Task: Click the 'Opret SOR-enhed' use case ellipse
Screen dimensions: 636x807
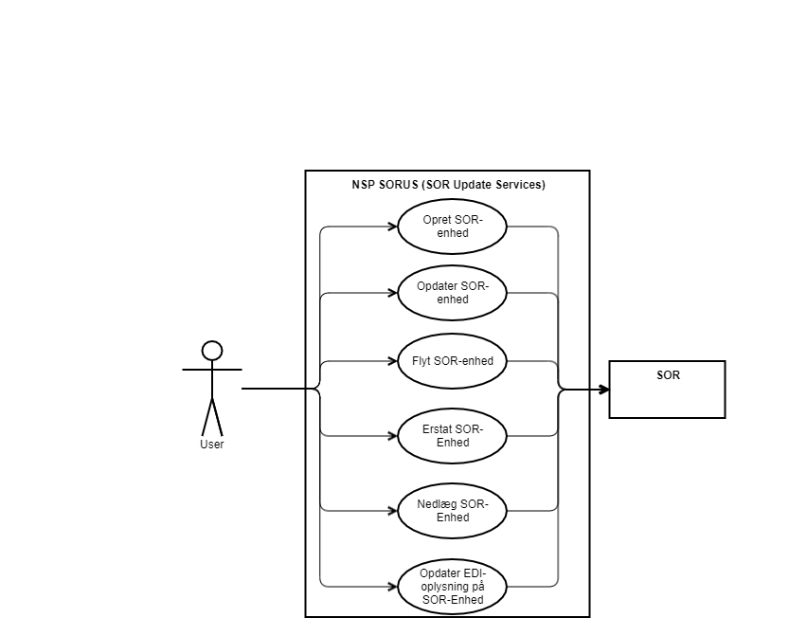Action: pos(453,227)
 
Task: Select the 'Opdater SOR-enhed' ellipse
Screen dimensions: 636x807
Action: pos(453,294)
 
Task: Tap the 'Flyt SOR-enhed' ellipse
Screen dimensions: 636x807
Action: pos(453,361)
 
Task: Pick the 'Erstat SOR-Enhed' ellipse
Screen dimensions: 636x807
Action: pos(453,436)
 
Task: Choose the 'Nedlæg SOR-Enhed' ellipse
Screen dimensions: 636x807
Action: pos(453,511)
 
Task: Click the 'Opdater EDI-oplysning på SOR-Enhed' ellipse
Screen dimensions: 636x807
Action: pos(453,587)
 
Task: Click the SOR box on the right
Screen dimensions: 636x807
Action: pos(667,391)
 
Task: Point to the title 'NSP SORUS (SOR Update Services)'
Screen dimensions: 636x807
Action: pos(448,185)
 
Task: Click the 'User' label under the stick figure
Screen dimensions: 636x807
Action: pos(212,445)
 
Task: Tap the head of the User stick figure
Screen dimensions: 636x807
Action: pos(212,351)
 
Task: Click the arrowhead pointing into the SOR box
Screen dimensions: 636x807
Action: pos(602,389)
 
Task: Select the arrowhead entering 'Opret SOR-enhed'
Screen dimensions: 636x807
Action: pos(391,227)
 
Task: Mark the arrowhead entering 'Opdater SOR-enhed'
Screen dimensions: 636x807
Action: pos(391,294)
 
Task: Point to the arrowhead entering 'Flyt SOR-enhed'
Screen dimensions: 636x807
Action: pos(391,361)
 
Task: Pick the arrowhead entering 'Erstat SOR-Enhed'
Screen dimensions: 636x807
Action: pos(391,436)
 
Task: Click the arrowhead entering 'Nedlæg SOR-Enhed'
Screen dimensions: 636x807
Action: pos(391,511)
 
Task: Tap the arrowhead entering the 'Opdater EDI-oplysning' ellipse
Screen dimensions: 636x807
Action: pos(391,587)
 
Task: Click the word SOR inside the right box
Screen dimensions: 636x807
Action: pos(668,375)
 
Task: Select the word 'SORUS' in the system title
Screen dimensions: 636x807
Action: pos(398,185)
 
